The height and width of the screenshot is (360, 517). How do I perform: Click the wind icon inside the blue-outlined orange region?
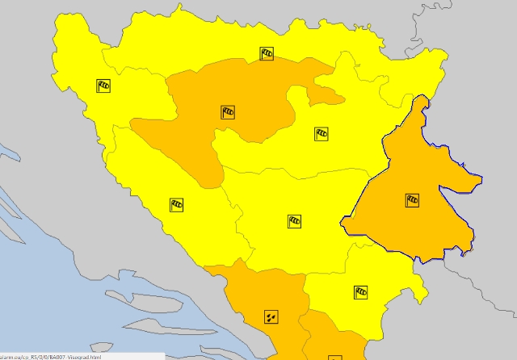[x=412, y=200]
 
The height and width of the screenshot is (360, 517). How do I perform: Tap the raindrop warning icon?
[x=271, y=316]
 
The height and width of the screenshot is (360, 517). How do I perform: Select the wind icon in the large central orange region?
[x=228, y=112]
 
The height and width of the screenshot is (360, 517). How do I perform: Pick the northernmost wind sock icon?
[x=267, y=54]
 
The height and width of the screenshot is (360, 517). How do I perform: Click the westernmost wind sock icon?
[x=103, y=85]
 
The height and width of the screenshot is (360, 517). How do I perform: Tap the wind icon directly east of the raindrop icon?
[x=360, y=292]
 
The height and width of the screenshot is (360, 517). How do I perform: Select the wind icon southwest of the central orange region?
[x=176, y=205]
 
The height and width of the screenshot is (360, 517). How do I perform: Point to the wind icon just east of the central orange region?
[x=322, y=133]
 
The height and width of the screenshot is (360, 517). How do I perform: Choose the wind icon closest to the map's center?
[x=294, y=220]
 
